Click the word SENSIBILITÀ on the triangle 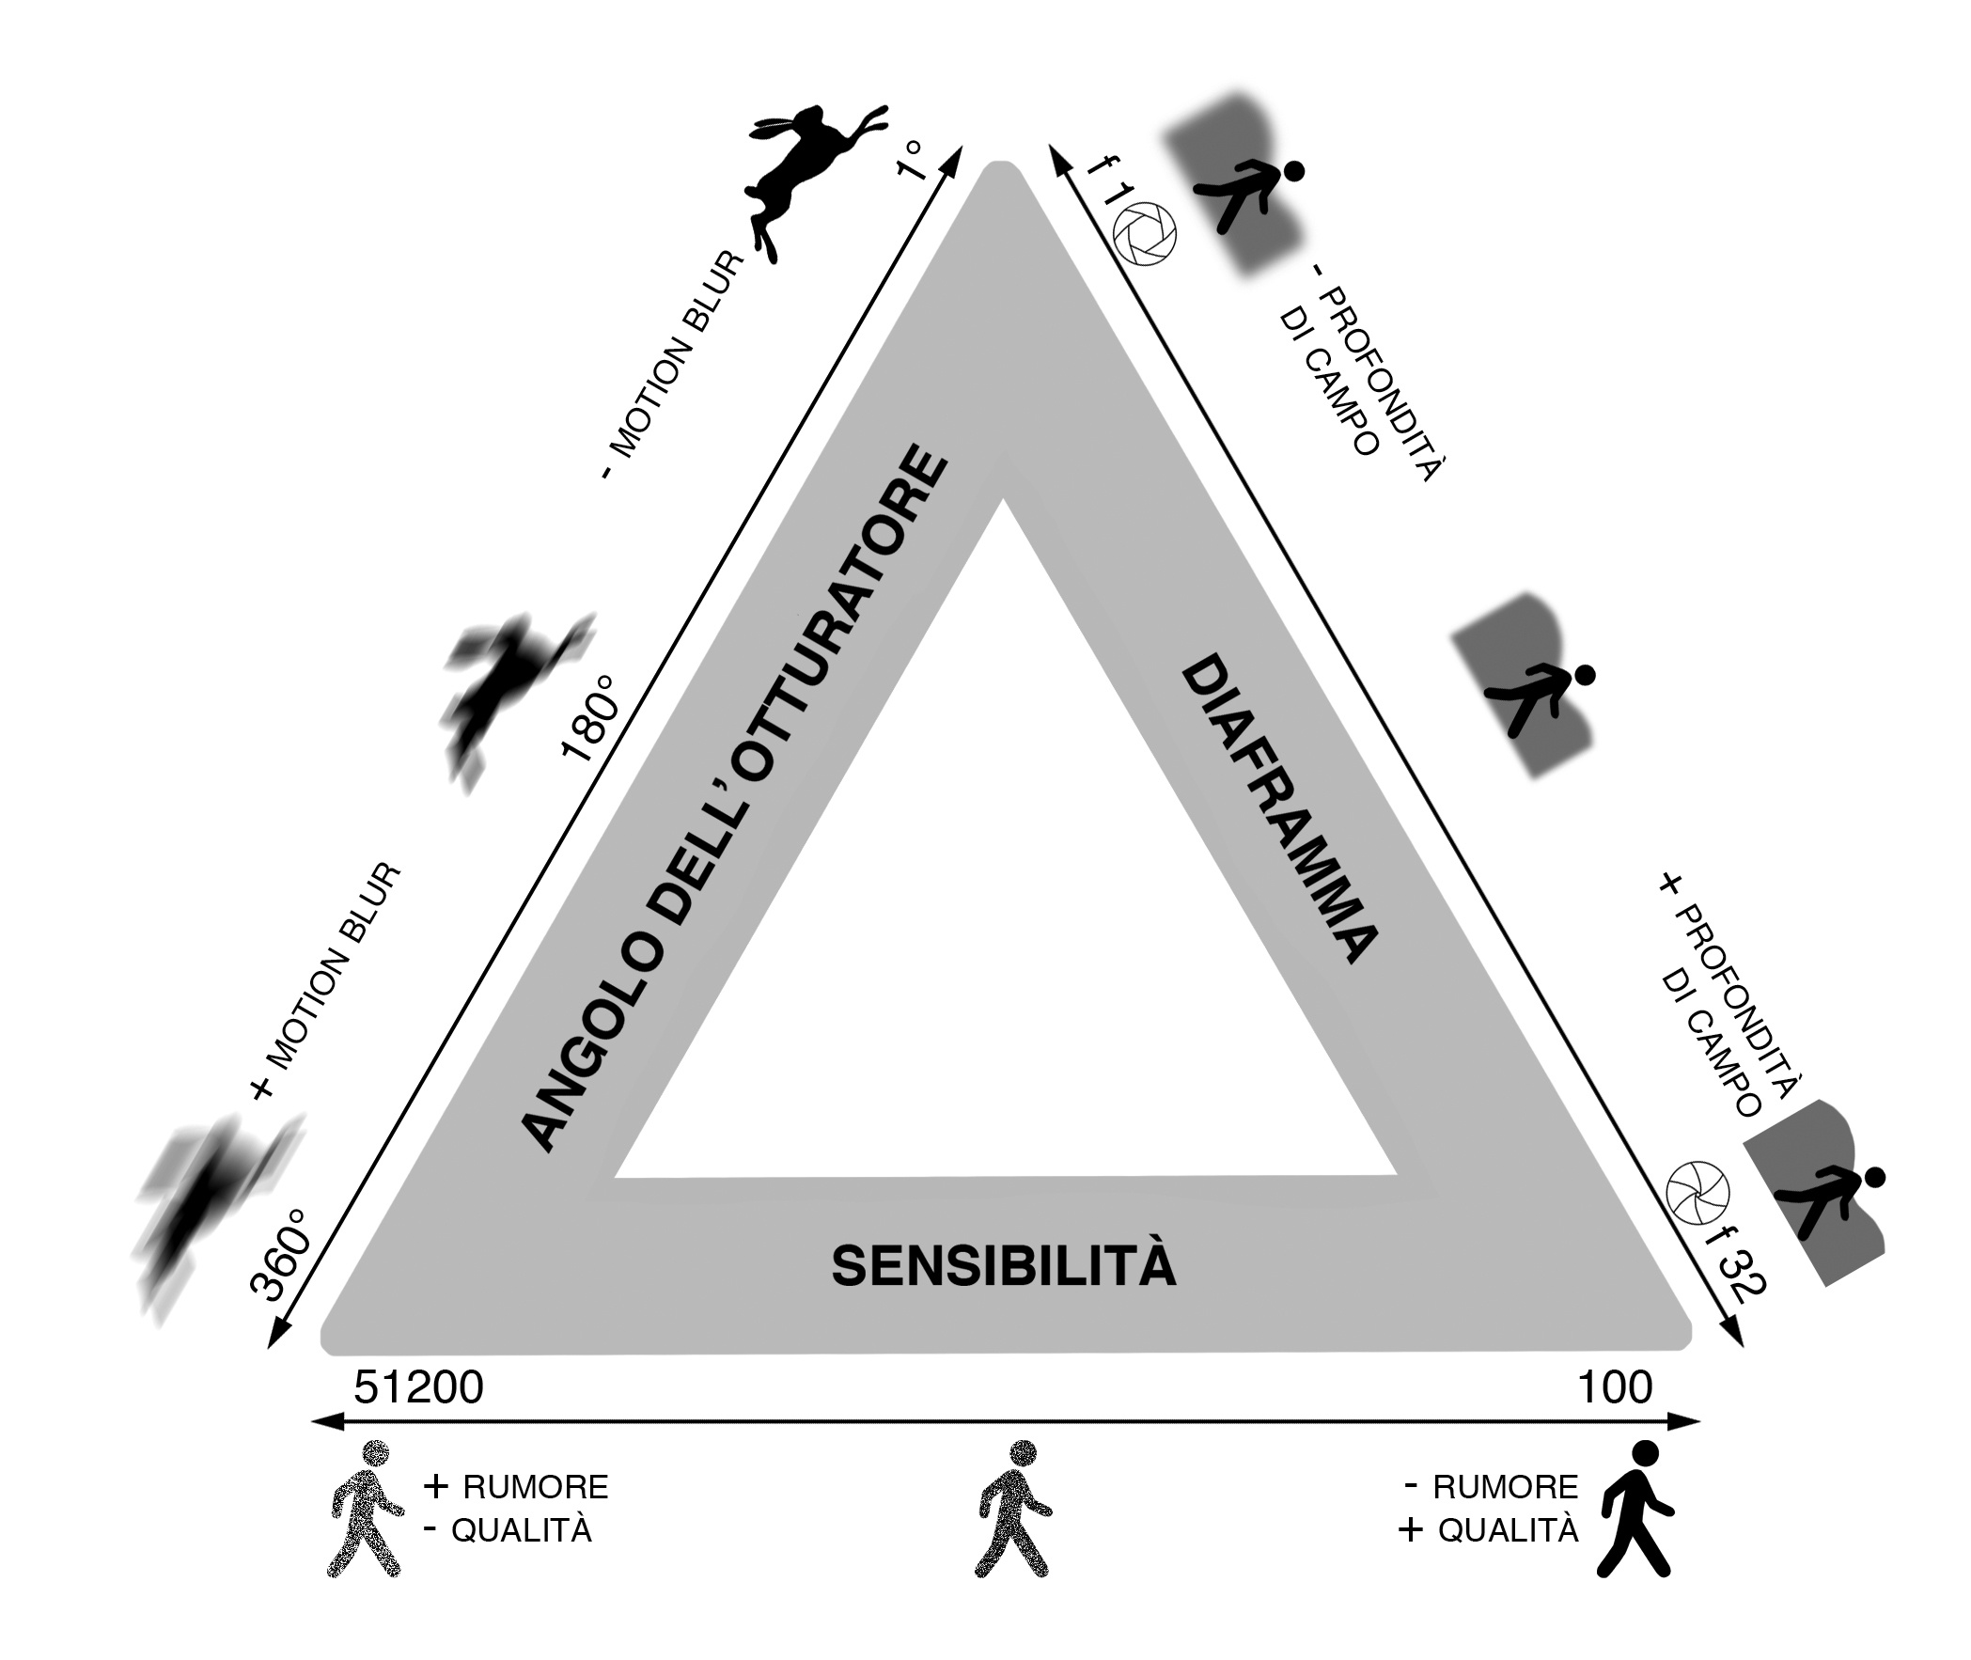tap(1003, 1266)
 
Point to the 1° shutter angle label tap(912, 160)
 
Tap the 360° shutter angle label tap(279, 1256)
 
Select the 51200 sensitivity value tap(418, 1387)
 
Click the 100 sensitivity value tap(1615, 1387)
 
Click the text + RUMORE tap(517, 1487)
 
